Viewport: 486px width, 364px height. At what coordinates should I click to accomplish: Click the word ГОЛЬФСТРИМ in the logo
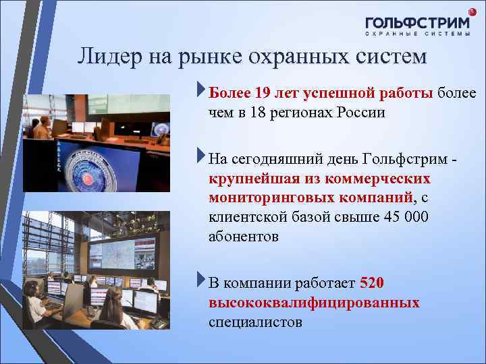pos(418,22)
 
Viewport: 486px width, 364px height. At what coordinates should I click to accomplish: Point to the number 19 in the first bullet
pos(265,92)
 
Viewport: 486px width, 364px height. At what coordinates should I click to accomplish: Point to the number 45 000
pos(405,218)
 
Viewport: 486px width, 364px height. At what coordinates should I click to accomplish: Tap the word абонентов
pos(243,237)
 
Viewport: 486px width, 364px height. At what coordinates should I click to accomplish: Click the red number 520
pos(373,283)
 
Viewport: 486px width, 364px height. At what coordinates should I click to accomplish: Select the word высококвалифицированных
pos(314,303)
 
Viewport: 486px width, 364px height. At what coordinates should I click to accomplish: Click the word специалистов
pos(256,322)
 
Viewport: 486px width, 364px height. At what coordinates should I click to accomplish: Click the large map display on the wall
pos(115,256)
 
